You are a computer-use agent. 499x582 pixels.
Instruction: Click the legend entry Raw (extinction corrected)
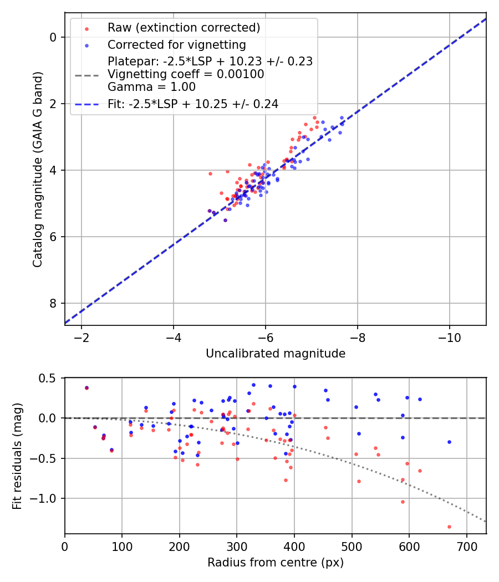click(184, 28)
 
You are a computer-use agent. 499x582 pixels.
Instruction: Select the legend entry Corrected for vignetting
click(176, 44)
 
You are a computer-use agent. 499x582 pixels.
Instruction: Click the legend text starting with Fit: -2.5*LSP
click(193, 104)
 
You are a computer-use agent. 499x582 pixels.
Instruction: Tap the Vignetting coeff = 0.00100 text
click(186, 74)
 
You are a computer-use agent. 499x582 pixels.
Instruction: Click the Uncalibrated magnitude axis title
click(276, 354)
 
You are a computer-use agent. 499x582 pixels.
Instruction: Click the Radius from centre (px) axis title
click(276, 563)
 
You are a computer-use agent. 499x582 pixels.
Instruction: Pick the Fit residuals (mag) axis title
click(17, 456)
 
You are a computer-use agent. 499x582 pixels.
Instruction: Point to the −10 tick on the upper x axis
click(449, 338)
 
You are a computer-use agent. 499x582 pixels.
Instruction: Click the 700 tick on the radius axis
click(466, 547)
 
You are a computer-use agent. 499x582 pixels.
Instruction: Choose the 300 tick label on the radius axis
click(237, 547)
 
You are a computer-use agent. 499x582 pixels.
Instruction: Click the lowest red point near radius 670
click(449, 527)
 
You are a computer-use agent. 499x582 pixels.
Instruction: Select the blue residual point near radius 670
click(449, 442)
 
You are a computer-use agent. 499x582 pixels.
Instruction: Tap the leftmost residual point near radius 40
click(86, 388)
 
